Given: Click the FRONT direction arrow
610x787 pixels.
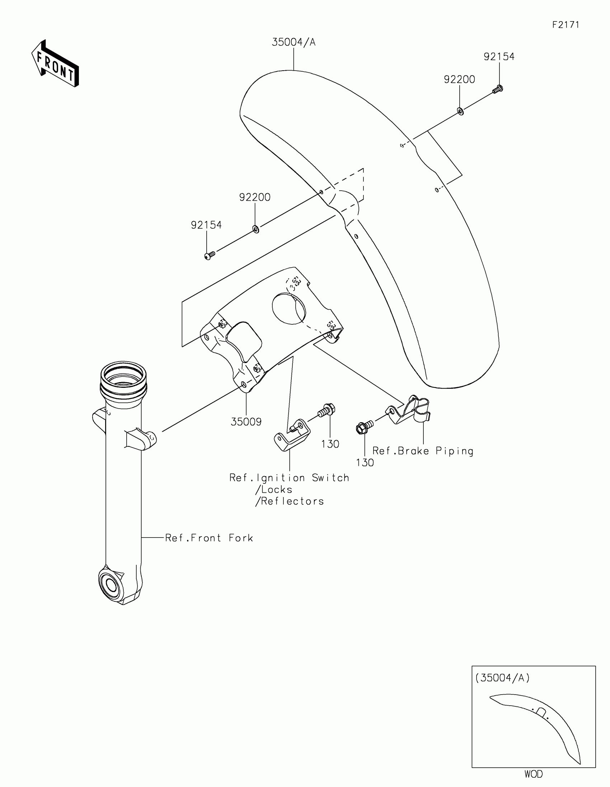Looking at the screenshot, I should coord(55,64).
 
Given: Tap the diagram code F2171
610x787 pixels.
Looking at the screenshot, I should coord(566,25).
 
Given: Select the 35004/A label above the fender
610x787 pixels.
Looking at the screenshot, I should coord(294,43).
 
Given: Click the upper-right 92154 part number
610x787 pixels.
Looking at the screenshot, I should coord(499,57).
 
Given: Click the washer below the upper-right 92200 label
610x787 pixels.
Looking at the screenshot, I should coord(460,111).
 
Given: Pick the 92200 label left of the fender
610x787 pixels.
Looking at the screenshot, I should coord(255,197).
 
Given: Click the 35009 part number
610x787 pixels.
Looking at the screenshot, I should coord(246,421).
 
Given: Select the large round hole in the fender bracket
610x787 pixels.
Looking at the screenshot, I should coord(288,309).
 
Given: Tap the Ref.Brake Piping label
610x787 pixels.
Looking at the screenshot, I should coord(423,451).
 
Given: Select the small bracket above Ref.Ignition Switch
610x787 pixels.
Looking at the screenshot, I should coord(292,435).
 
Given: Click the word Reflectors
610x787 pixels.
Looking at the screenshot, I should coord(292,501).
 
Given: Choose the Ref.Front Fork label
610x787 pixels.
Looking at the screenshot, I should coord(209,538).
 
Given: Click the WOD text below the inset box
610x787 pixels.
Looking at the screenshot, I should coord(534,774).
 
